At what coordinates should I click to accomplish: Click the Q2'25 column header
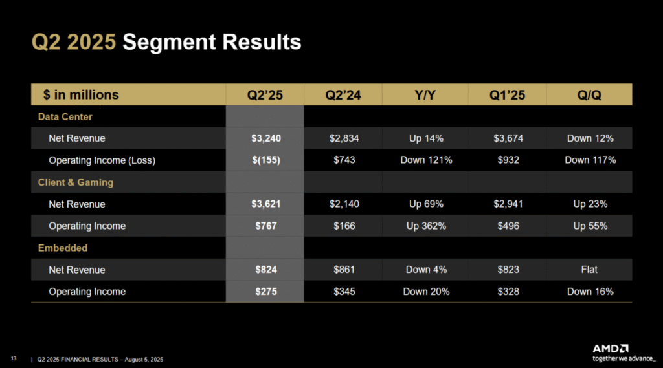tap(265, 95)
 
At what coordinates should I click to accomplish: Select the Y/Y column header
tap(425, 95)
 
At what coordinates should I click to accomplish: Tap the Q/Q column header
tap(590, 95)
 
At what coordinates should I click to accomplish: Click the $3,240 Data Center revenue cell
tap(265, 138)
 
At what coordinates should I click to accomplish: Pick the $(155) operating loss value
tap(265, 160)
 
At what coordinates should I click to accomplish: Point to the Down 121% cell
tap(425, 160)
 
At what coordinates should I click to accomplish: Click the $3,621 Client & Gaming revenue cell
tap(265, 204)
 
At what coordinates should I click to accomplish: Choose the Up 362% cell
tap(425, 226)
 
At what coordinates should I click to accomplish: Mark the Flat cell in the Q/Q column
tap(590, 270)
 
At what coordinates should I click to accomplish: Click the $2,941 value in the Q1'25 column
tap(508, 204)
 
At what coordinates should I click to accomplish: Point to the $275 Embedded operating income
tap(265, 292)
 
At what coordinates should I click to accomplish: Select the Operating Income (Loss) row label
tap(102, 160)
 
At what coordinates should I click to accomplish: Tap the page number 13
tap(14, 358)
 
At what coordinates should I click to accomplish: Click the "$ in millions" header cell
tap(81, 95)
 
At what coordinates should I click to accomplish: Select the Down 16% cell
tap(590, 292)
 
